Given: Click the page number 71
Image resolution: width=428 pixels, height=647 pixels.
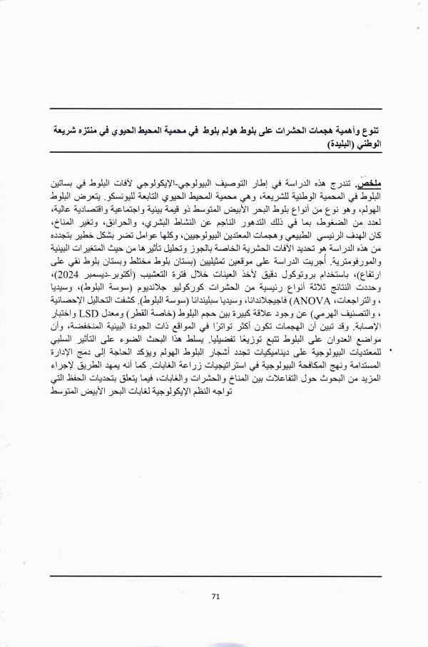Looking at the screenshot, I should pos(215,598).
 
